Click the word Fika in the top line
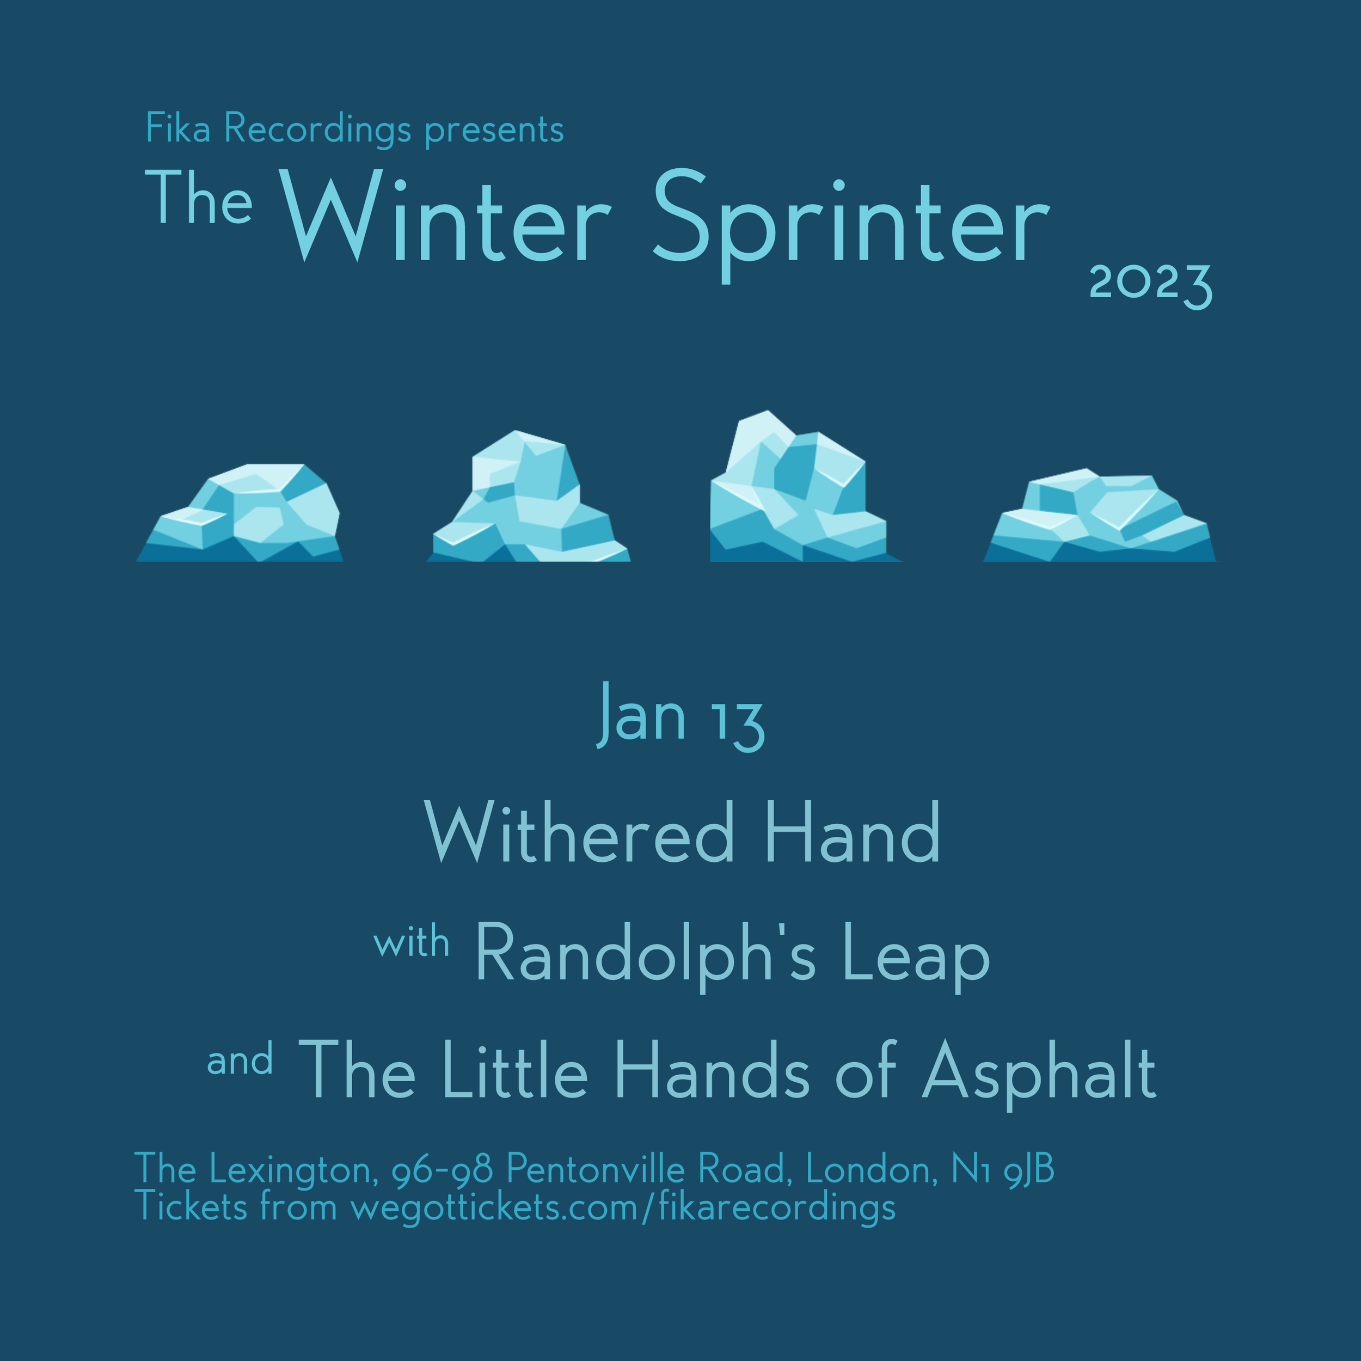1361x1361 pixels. (177, 129)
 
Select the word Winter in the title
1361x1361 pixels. (445, 216)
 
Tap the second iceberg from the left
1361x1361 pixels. (528, 500)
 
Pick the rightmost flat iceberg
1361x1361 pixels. (1099, 518)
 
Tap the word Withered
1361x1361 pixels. (579, 835)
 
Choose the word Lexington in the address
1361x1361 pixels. (290, 1170)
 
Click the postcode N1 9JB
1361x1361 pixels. (1002, 1170)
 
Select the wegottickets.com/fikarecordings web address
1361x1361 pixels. (623, 1208)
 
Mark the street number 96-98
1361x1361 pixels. (442, 1170)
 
